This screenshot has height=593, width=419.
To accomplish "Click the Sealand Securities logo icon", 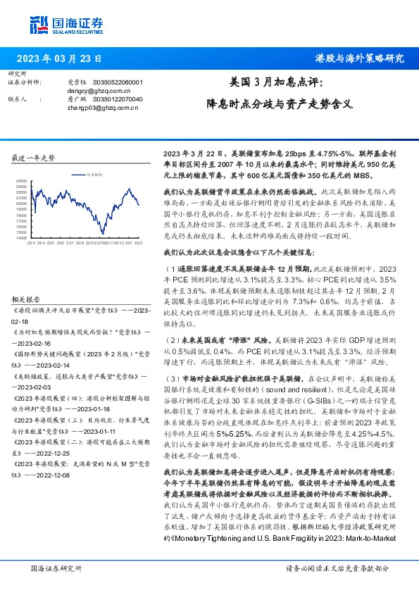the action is pyautogui.click(x=39, y=23).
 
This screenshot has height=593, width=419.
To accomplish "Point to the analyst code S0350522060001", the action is pyautogui.click(x=117, y=82).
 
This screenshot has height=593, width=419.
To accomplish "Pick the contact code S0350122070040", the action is pyautogui.click(x=117, y=99).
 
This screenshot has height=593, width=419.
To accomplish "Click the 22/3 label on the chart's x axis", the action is pyautogui.click(x=32, y=243).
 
